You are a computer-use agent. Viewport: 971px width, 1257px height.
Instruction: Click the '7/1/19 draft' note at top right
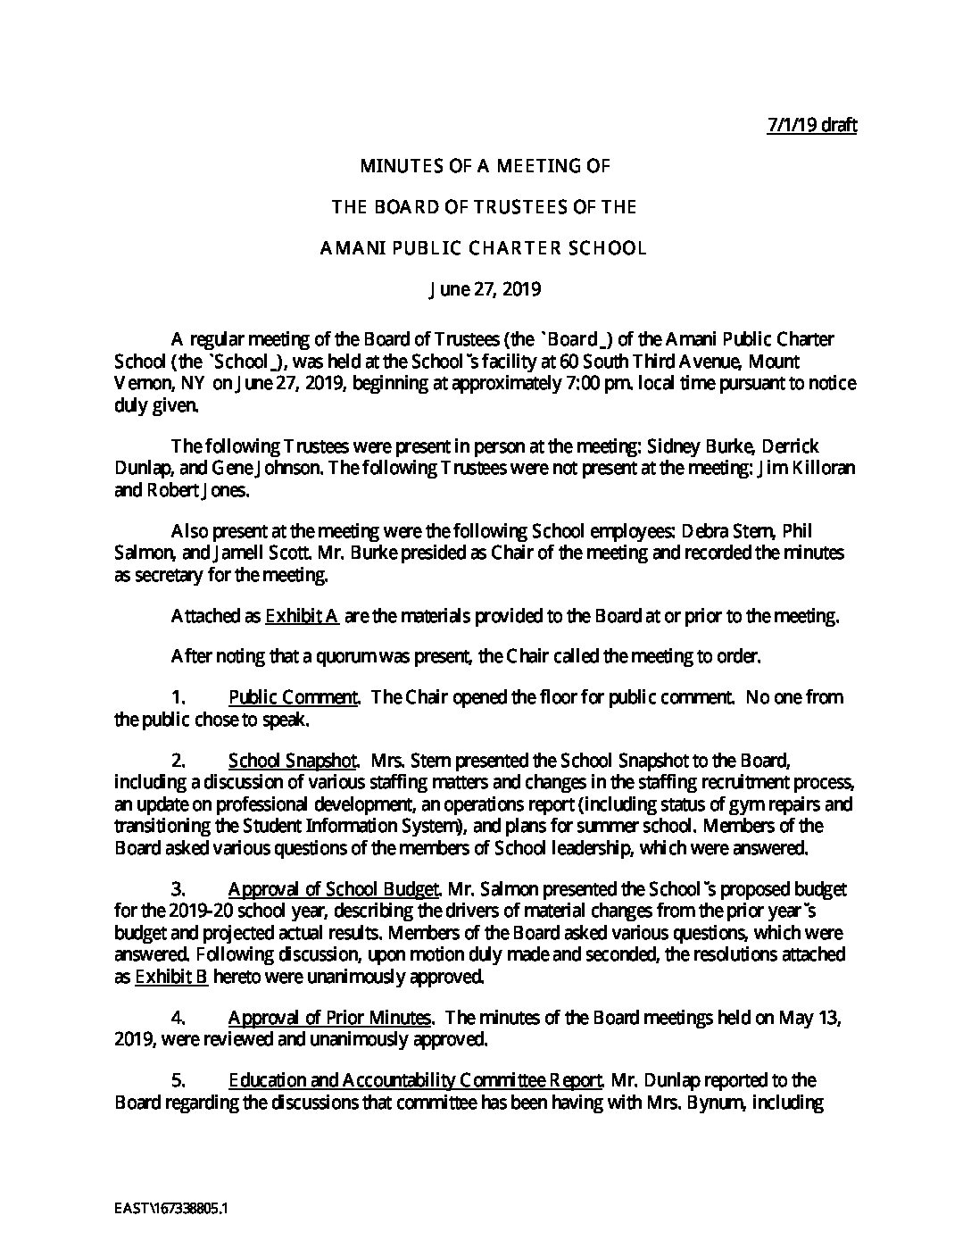pyautogui.click(x=811, y=125)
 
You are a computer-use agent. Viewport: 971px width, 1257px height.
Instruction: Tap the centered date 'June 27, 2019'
pyautogui.click(x=485, y=289)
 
